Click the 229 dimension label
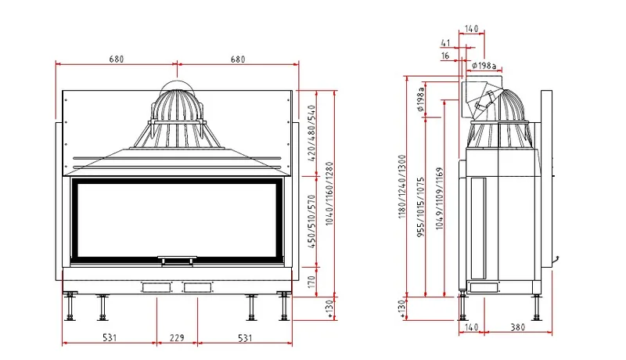177,338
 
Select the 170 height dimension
311,282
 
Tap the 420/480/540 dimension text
311,133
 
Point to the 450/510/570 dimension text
311,221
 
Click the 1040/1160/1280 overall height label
329,193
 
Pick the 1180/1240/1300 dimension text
402,186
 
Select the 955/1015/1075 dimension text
421,207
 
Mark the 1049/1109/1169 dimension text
440,198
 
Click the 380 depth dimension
518,327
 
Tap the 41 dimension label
445,43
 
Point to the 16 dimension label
445,56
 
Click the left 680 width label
116,59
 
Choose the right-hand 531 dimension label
245,338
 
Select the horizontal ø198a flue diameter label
484,65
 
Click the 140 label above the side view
472,29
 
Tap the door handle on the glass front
177,261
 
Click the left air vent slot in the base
156,287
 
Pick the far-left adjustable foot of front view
70,307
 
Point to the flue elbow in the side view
481,98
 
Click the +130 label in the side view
402,309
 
